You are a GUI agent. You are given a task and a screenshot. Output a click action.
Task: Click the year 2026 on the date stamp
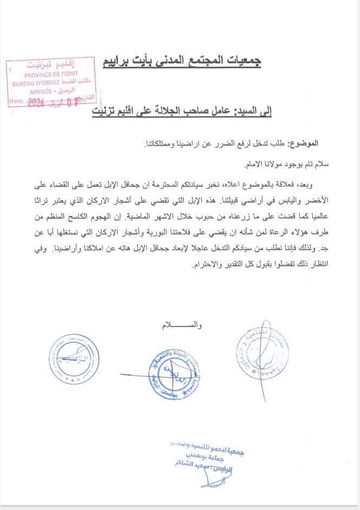(37, 101)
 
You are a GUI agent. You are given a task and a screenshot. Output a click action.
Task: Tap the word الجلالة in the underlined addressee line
(157, 111)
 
